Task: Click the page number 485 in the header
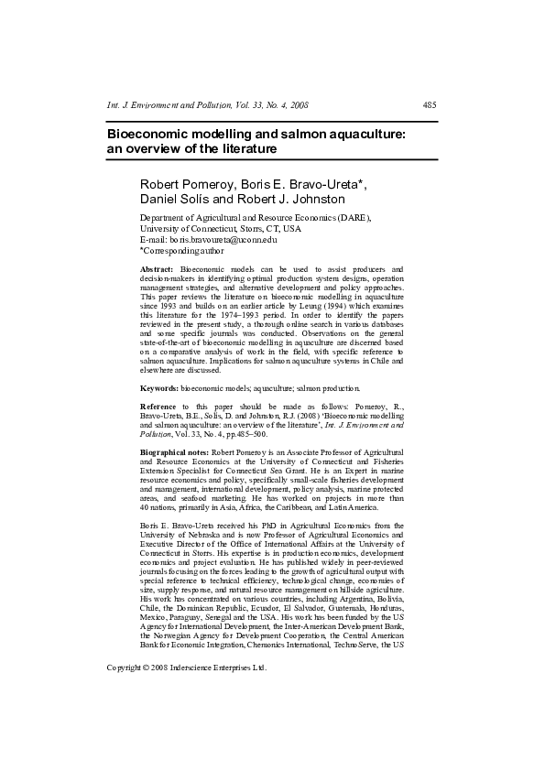pos(429,106)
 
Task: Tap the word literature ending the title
pos(246,148)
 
